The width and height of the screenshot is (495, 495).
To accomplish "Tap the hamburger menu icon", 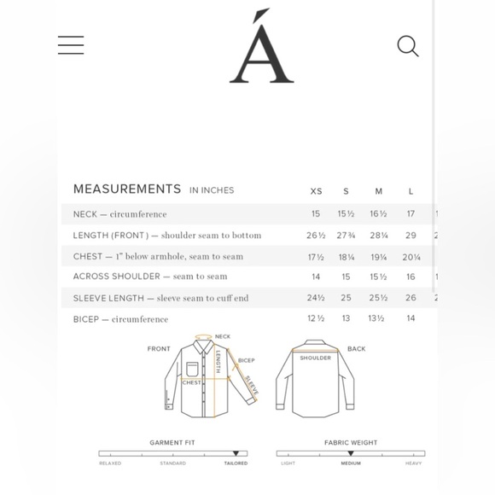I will click(x=71, y=45).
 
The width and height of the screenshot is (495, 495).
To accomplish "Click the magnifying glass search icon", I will click(x=408, y=46).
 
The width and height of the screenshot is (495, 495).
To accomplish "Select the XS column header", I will click(x=316, y=191).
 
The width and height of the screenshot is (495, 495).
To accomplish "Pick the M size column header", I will click(x=378, y=191).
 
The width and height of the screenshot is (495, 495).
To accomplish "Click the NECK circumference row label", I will click(x=119, y=214).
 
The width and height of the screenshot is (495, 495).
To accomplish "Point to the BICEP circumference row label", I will click(x=120, y=319).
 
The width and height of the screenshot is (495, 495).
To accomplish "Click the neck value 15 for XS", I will click(x=316, y=214).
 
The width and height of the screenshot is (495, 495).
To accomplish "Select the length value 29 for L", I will click(x=411, y=236).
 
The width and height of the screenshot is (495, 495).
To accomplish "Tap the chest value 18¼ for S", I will click(x=346, y=257).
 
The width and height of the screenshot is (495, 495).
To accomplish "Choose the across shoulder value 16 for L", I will click(x=411, y=277).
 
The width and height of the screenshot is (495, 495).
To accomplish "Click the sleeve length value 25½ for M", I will click(x=378, y=298).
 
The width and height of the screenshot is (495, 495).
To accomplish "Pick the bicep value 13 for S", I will click(x=346, y=319).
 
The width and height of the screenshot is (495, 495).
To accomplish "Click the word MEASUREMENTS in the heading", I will click(x=127, y=189).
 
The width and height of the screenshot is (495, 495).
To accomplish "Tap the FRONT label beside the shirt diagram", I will click(x=159, y=349).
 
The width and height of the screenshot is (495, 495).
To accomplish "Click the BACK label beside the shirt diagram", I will click(x=356, y=349).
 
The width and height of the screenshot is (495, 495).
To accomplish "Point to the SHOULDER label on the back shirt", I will click(x=315, y=358).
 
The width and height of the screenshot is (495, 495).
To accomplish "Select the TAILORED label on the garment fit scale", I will click(x=236, y=463).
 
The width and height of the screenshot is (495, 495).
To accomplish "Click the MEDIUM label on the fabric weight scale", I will click(x=351, y=463).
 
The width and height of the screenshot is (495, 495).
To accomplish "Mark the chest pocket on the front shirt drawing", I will click(x=192, y=369).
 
